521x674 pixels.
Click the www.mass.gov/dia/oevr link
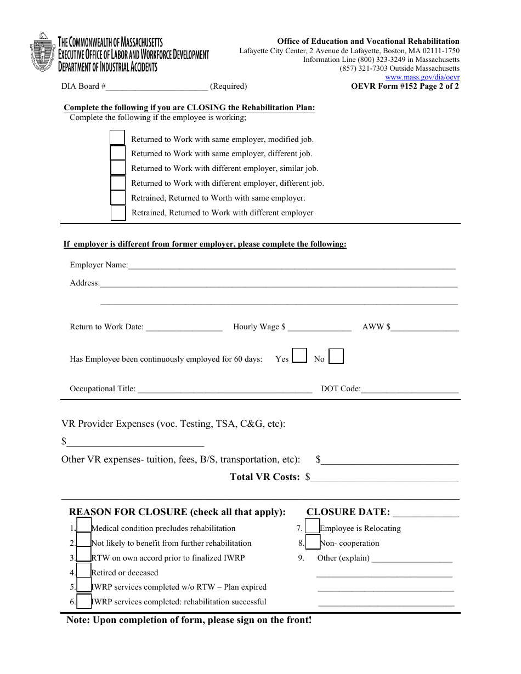(x=430, y=77)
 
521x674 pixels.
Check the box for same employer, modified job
(x=117, y=138)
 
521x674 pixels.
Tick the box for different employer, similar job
(x=118, y=167)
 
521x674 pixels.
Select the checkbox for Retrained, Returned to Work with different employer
(x=118, y=213)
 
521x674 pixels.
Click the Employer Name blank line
(x=291, y=266)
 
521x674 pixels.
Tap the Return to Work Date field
(x=184, y=328)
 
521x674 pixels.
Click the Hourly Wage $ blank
(x=319, y=328)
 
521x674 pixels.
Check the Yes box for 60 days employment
(x=299, y=356)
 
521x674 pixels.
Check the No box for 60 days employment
(x=336, y=357)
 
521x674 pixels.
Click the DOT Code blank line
(x=410, y=390)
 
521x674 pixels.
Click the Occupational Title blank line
(x=224, y=390)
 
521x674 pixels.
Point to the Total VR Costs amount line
(x=384, y=478)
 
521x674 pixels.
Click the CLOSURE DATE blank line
(x=426, y=513)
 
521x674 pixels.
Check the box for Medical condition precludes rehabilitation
(x=84, y=526)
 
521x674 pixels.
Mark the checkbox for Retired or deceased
(x=84, y=570)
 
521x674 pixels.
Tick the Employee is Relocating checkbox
(x=313, y=527)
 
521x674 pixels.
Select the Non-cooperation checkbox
(x=313, y=542)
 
